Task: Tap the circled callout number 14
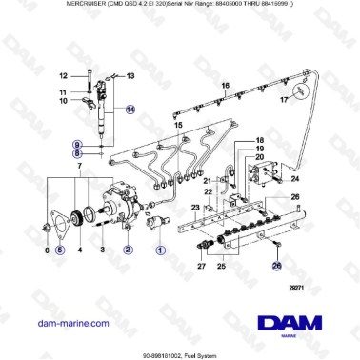(131, 110)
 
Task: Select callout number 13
(130, 74)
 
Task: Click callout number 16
(226, 86)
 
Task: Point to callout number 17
(283, 98)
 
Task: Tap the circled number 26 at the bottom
(250, 270)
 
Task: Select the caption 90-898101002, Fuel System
(180, 351)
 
